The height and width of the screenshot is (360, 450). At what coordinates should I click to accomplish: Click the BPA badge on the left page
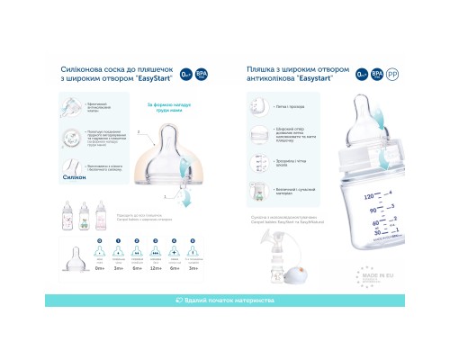click(200, 72)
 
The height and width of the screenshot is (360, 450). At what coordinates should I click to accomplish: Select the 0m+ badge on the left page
click(184, 72)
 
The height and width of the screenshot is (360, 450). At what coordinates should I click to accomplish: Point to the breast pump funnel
click(258, 239)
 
